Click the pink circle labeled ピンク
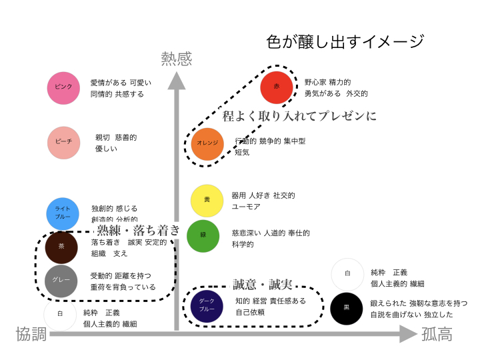pos(63,88)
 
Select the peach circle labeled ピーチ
pos(63,143)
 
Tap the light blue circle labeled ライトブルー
pos(63,213)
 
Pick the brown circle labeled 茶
pos(61,246)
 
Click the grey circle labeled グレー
pos(61,280)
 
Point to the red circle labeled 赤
pos(277,87)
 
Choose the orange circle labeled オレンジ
pos(207,144)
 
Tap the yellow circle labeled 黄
pos(207,201)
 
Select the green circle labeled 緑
pos(203,236)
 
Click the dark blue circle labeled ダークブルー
pos(207,305)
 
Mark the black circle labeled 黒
pos(346,308)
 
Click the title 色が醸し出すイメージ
pos(345,41)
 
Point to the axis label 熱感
pos(176,59)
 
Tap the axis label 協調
pos(31,334)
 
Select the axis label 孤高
pos(437,334)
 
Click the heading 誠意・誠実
pos(263,285)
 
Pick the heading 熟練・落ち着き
pos(139,230)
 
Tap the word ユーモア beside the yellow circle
pos(246,207)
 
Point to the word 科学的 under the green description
pos(243,245)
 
